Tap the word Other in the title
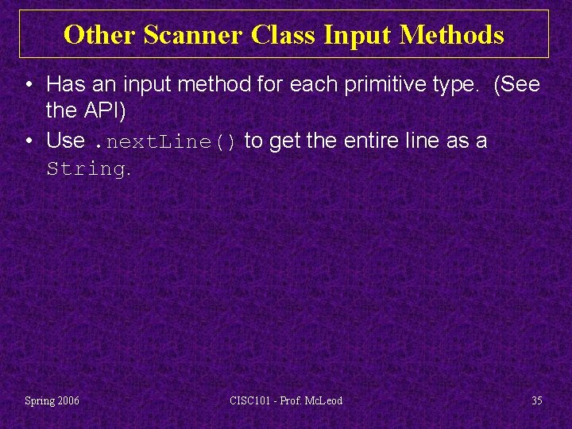(100, 35)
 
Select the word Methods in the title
(453, 35)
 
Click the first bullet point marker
(29, 84)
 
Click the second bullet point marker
(29, 141)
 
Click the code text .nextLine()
(164, 141)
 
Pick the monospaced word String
(85, 169)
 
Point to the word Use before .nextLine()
(66, 141)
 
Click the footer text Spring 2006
(52, 400)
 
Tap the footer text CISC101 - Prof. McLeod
(285, 400)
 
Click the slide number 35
(537, 400)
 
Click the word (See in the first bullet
(517, 83)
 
